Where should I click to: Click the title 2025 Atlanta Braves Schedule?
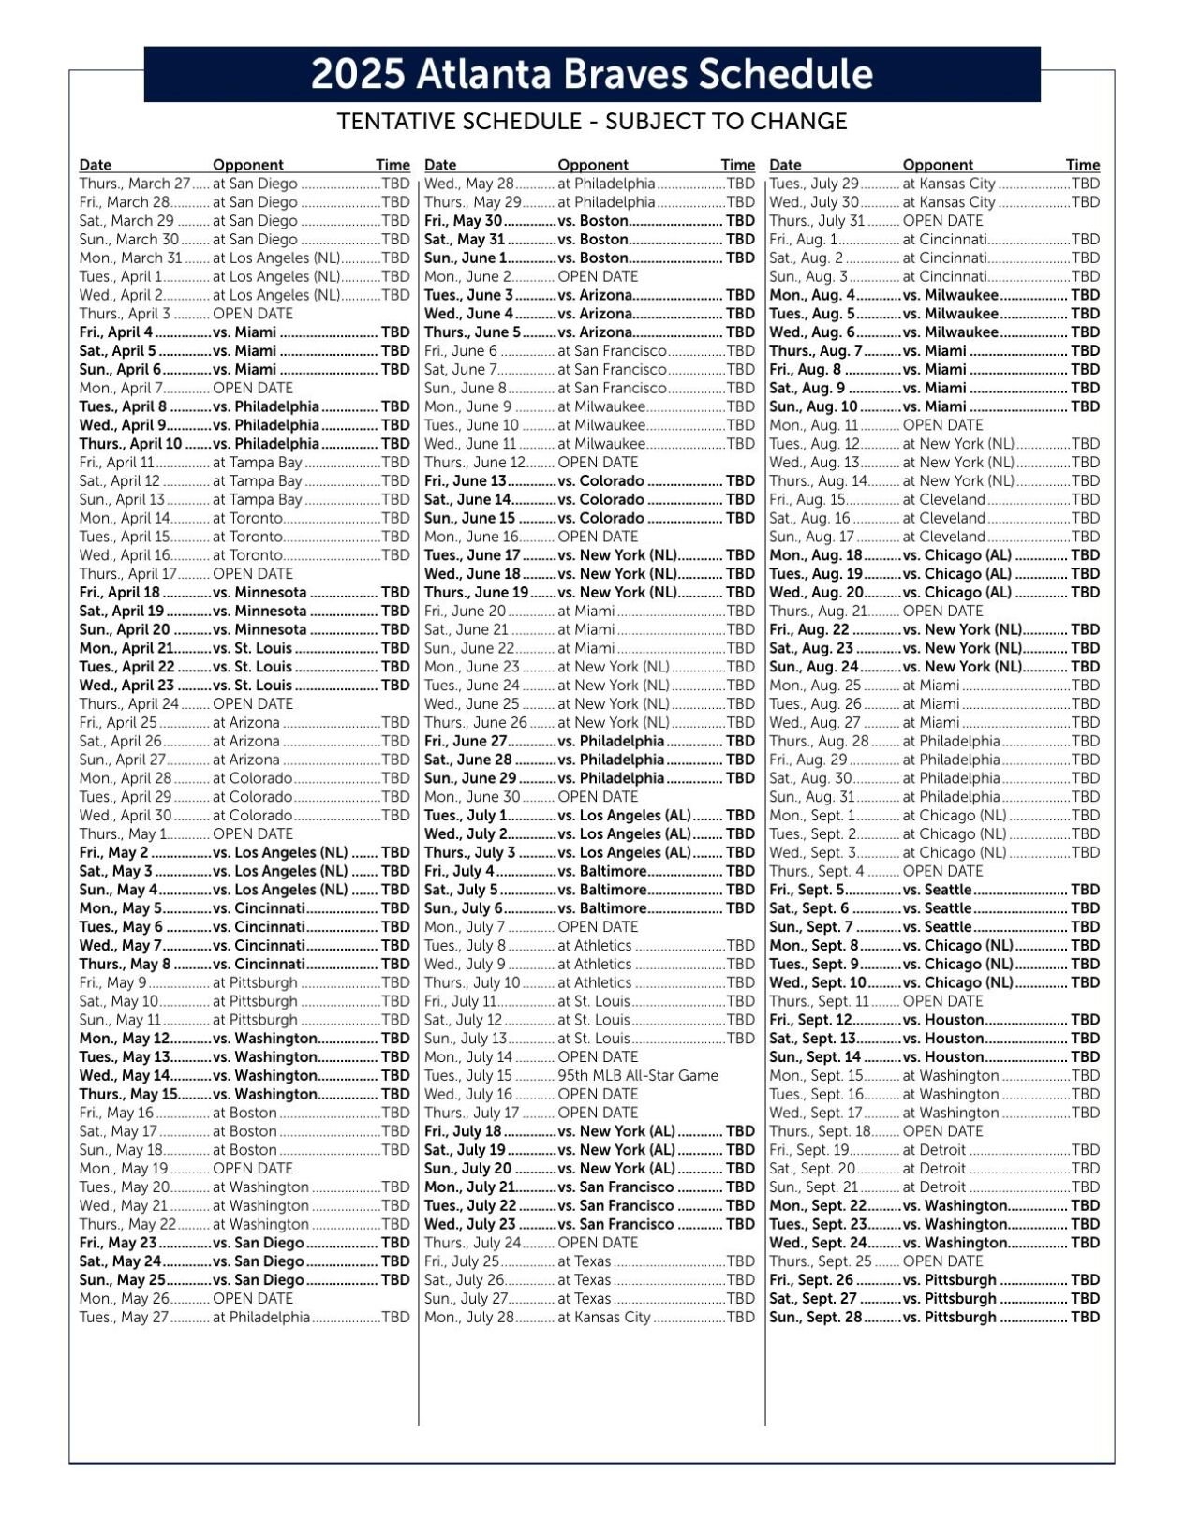pyautogui.click(x=591, y=74)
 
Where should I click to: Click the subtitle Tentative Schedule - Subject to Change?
pyautogui.click(x=591, y=122)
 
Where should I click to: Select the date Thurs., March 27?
pyautogui.click(x=134, y=184)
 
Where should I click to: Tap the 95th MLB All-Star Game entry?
pyautogui.click(x=637, y=1076)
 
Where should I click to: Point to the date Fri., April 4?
pyautogui.click(x=116, y=332)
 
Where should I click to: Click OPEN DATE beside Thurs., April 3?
pyautogui.click(x=252, y=314)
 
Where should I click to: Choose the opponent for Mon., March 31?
pyautogui.click(x=276, y=258)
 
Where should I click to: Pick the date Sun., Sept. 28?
pyautogui.click(x=815, y=1318)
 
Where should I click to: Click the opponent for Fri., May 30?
pyautogui.click(x=592, y=221)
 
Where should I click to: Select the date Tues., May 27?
pyautogui.click(x=124, y=1318)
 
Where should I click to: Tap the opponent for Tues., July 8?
pyautogui.click(x=594, y=946)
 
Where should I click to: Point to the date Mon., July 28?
pyautogui.click(x=469, y=1318)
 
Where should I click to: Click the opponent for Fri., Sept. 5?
pyautogui.click(x=937, y=890)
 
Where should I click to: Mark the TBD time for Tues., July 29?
pyautogui.click(x=1085, y=184)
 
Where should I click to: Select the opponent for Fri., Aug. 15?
pyautogui.click(x=943, y=500)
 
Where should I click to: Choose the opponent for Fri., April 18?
pyautogui.click(x=259, y=593)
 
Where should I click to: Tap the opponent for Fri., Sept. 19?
pyautogui.click(x=933, y=1150)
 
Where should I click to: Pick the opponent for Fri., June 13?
pyautogui.click(x=600, y=481)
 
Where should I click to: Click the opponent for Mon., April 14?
pyautogui.click(x=247, y=519)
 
